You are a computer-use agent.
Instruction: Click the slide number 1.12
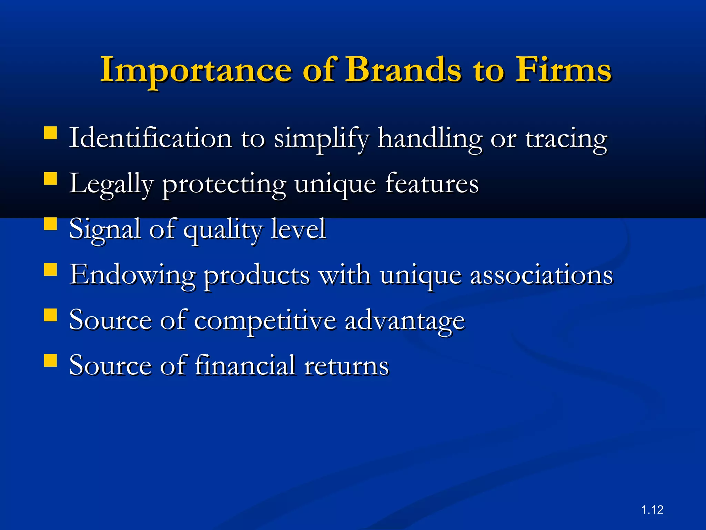[652, 510]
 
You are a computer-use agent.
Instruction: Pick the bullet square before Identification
[51, 133]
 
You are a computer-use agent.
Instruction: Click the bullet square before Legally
[51, 179]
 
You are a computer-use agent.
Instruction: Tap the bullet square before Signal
[51, 224]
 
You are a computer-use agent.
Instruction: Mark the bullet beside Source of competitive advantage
[51, 315]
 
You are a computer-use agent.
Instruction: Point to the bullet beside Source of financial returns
[51, 361]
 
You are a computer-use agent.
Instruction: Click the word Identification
[150, 138]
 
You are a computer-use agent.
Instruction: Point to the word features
[432, 183]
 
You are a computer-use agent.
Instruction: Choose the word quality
[222, 230]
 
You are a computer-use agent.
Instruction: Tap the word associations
[542, 275]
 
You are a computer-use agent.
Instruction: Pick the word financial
[245, 365]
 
